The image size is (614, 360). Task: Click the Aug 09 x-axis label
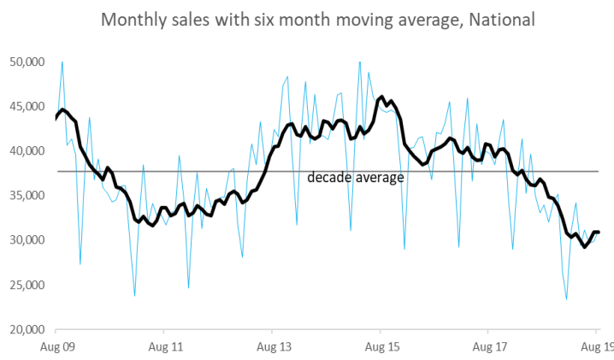56,347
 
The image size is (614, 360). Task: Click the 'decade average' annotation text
355,178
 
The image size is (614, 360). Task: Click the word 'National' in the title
504,19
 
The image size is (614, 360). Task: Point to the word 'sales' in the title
190,19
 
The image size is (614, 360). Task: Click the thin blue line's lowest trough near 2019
566,299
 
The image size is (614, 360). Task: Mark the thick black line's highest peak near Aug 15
381,97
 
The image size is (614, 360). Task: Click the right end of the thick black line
599,232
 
